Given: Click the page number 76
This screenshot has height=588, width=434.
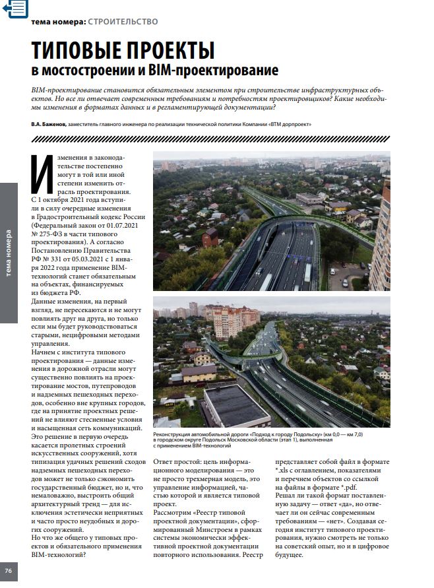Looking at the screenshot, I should [x=8, y=570].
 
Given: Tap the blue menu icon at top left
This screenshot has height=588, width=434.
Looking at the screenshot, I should [x=15, y=8].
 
